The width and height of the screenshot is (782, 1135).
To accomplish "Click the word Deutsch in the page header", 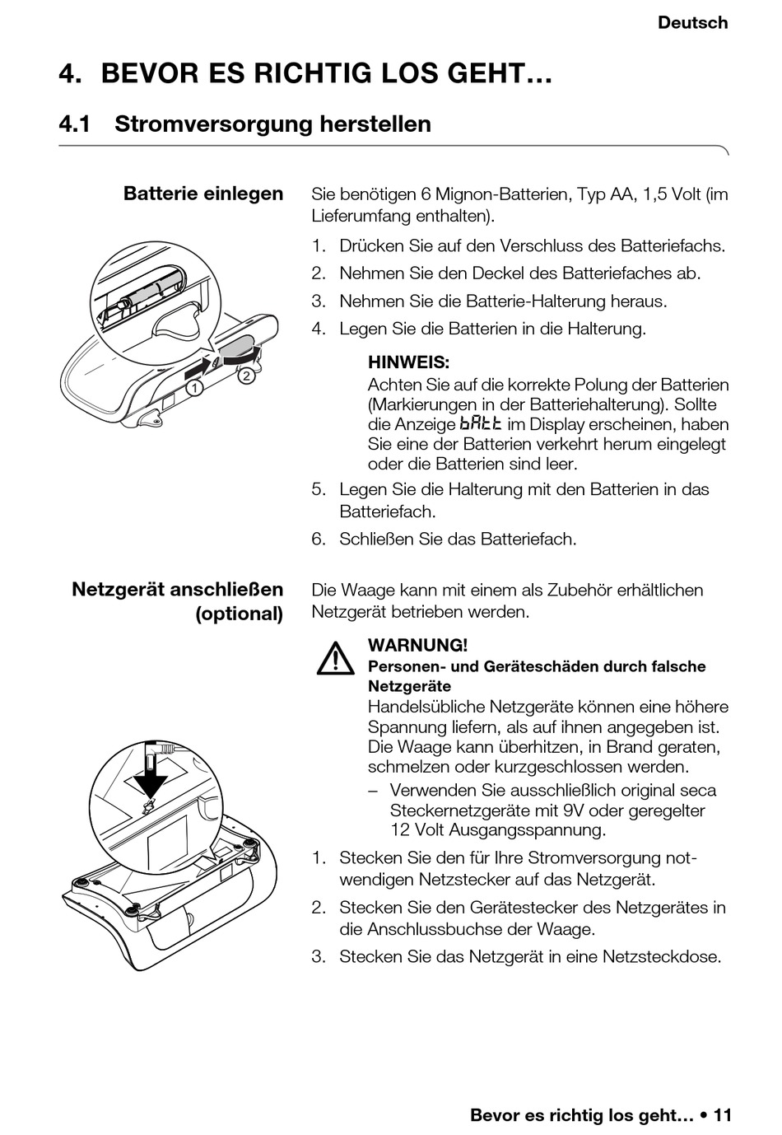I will tap(692, 23).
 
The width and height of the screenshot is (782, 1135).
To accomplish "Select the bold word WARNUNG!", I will tap(417, 645).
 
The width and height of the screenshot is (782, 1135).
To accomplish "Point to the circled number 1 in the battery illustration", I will tap(193, 387).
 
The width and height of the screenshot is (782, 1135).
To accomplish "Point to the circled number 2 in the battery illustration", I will tap(246, 376).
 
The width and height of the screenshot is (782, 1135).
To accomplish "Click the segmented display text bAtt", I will tap(480, 424).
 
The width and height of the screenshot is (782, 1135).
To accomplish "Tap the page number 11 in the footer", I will tap(722, 1115).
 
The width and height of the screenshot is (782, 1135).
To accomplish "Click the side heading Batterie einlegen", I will tap(203, 194).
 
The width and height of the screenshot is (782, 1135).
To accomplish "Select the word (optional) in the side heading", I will tap(239, 614).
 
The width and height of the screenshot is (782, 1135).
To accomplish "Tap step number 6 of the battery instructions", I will tap(319, 539).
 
